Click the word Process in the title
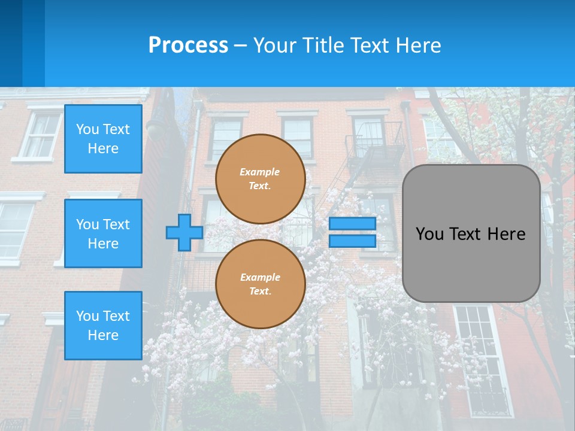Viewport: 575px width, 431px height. (x=188, y=45)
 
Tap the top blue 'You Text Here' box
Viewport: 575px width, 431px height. (x=103, y=139)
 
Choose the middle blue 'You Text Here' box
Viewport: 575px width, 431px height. (x=103, y=233)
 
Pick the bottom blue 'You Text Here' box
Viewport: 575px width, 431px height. (x=103, y=326)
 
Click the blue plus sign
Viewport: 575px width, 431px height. (x=184, y=232)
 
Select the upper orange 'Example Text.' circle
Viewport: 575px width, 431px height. (x=260, y=179)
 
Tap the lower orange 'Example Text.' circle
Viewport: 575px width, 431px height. (x=260, y=284)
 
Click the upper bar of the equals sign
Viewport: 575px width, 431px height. (x=352, y=223)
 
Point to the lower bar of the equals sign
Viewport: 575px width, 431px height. (x=352, y=241)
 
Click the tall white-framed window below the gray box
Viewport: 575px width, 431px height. (x=482, y=359)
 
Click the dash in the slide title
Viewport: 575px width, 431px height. (x=240, y=45)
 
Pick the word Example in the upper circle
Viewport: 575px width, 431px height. (x=259, y=172)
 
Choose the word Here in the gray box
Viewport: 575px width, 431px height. (x=507, y=234)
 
